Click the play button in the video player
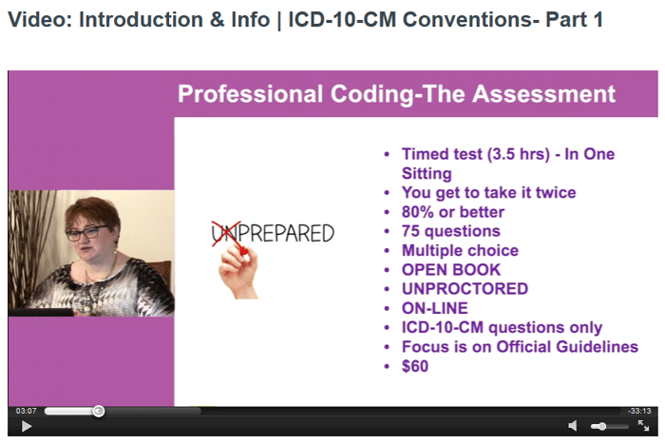[27, 426]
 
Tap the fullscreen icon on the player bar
[643, 425]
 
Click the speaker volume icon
[573, 426]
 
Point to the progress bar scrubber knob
[99, 411]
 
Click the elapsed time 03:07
[27, 411]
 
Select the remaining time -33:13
[639, 411]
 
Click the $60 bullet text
[415, 366]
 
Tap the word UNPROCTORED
[465, 289]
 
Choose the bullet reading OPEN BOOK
[451, 270]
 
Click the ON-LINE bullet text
[435, 308]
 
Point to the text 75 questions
[451, 231]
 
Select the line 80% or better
[453, 212]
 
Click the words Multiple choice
[460, 250]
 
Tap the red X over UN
[226, 233]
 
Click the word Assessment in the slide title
[543, 94]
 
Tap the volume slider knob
[601, 426]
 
